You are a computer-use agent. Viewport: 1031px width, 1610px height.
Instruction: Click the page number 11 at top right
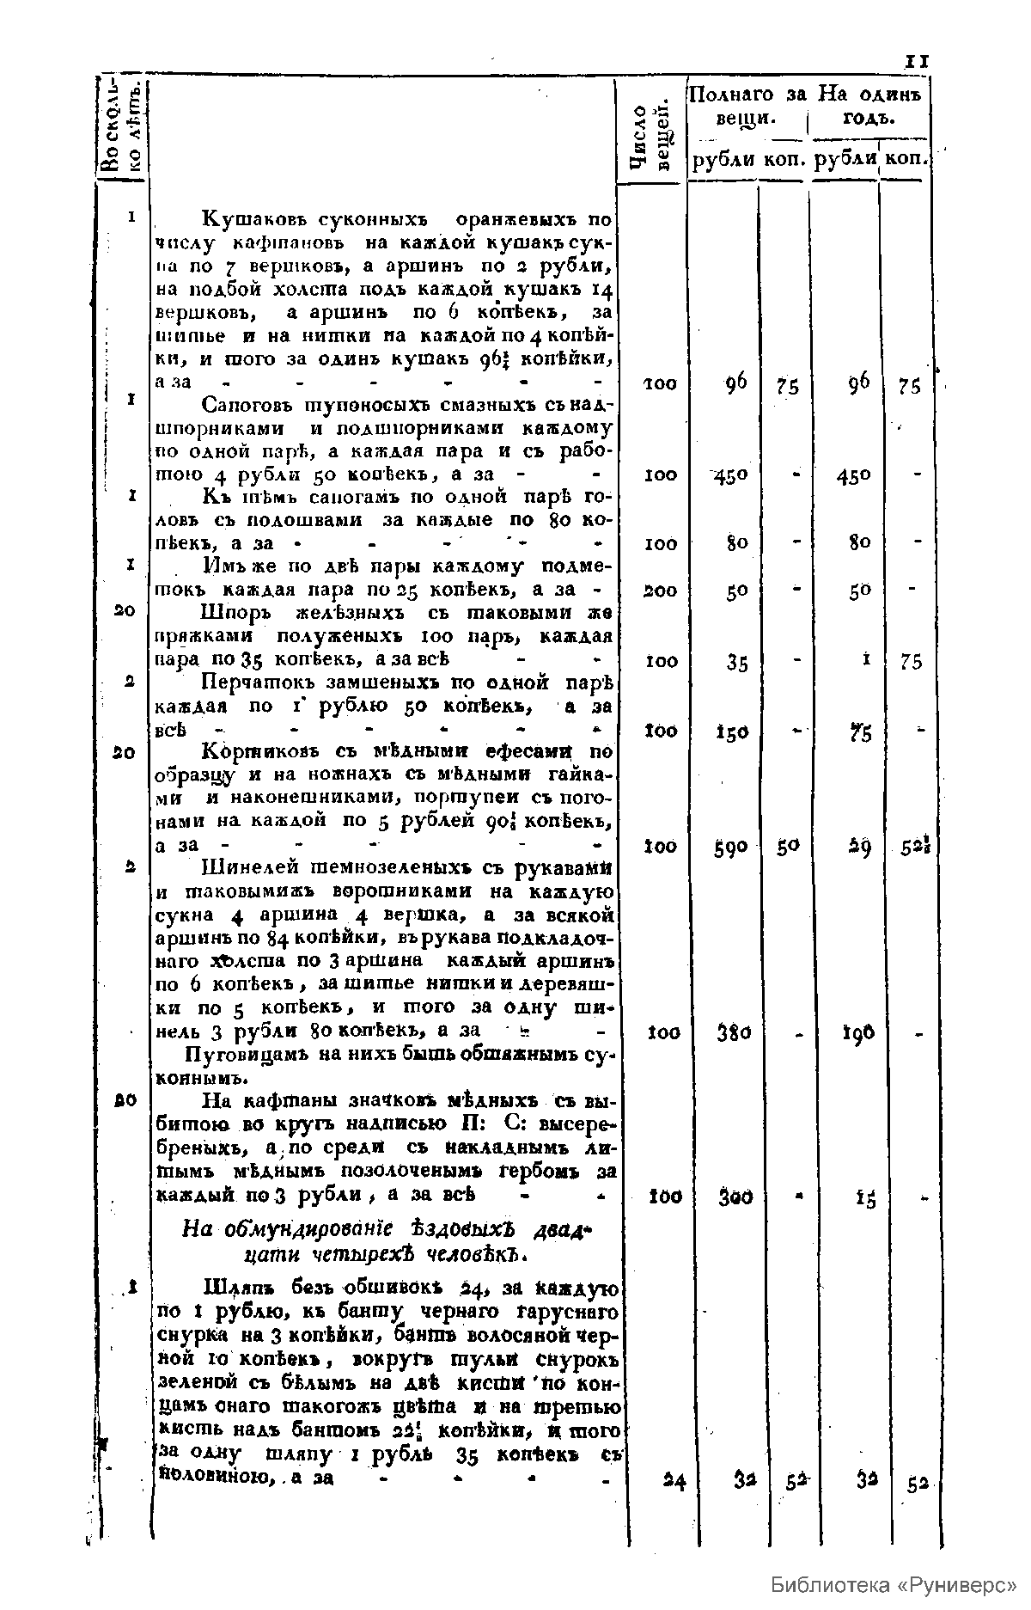coord(917,61)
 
